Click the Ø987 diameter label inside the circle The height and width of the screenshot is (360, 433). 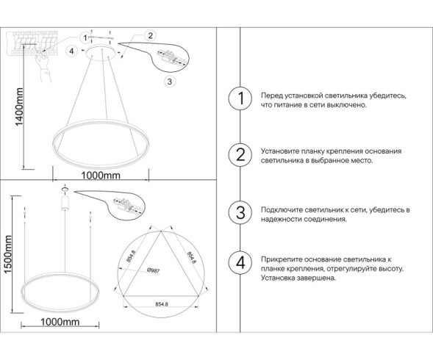(154, 270)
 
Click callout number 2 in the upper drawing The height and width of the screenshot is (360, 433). (150, 35)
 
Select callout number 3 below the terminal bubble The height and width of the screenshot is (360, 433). (170, 81)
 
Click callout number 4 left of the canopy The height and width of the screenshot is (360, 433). (71, 51)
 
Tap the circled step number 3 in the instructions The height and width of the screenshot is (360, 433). (238, 214)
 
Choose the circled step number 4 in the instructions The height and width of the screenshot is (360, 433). (238, 262)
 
